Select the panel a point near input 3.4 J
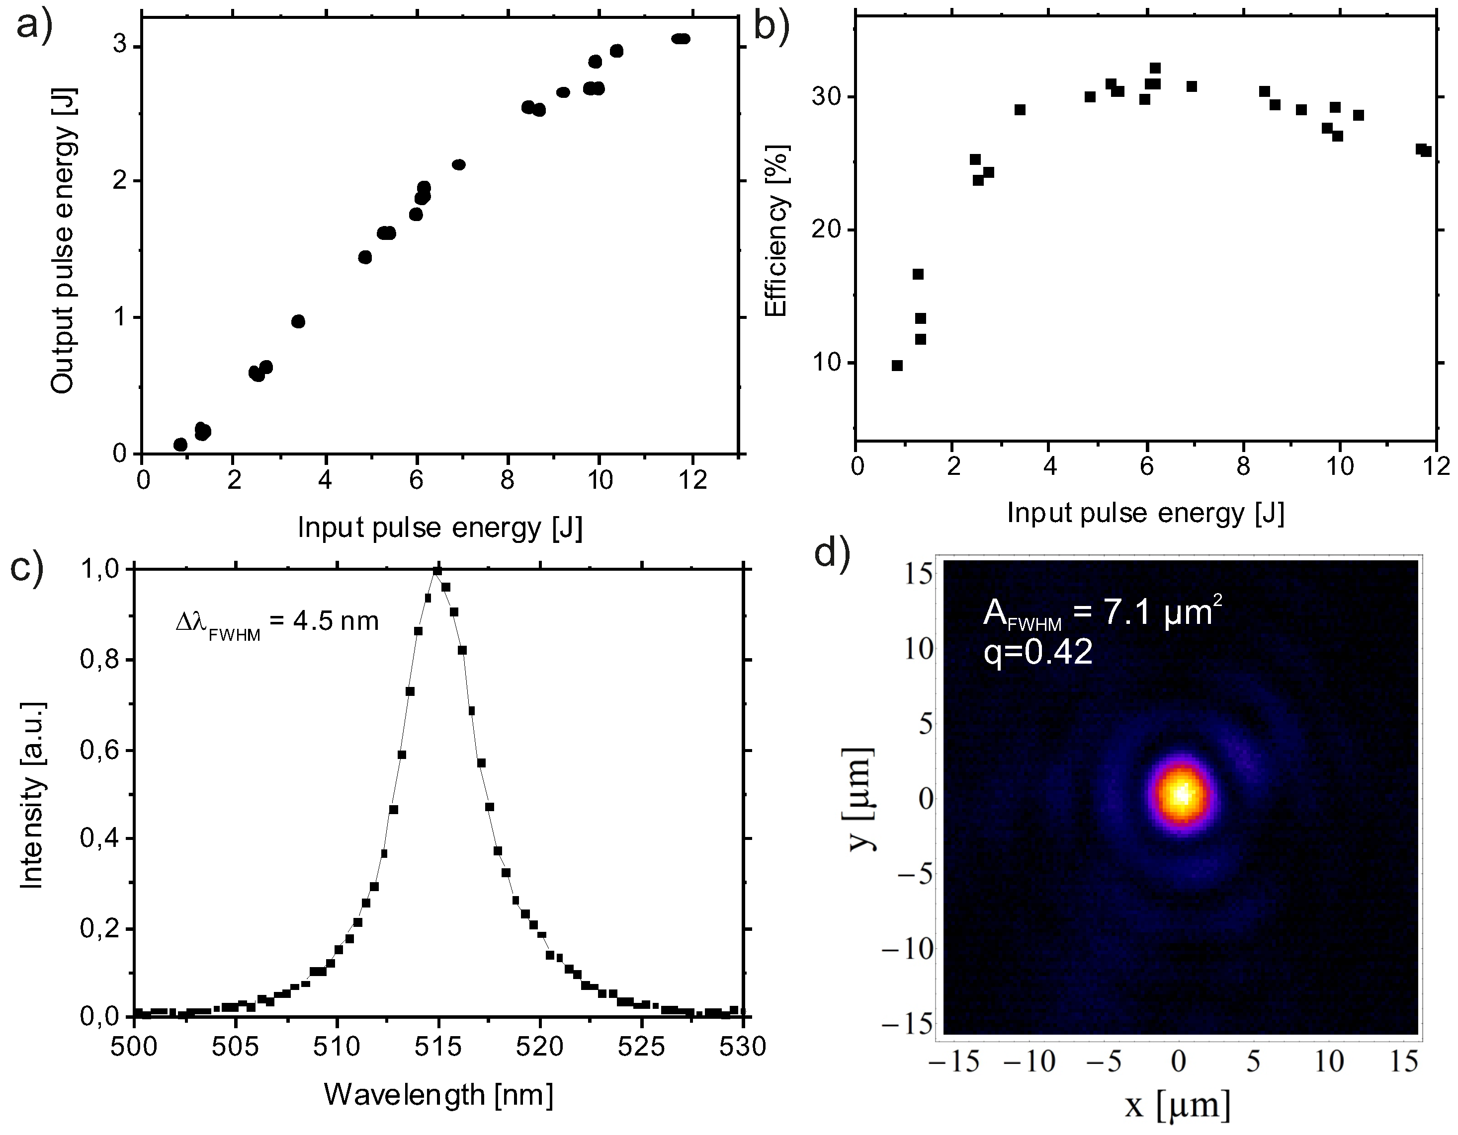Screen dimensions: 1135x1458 [298, 321]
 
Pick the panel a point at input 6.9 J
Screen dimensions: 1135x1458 [459, 165]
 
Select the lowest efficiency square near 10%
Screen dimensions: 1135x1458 [897, 366]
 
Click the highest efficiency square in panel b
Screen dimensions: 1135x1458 [1155, 68]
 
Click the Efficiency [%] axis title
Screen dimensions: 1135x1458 [776, 230]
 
